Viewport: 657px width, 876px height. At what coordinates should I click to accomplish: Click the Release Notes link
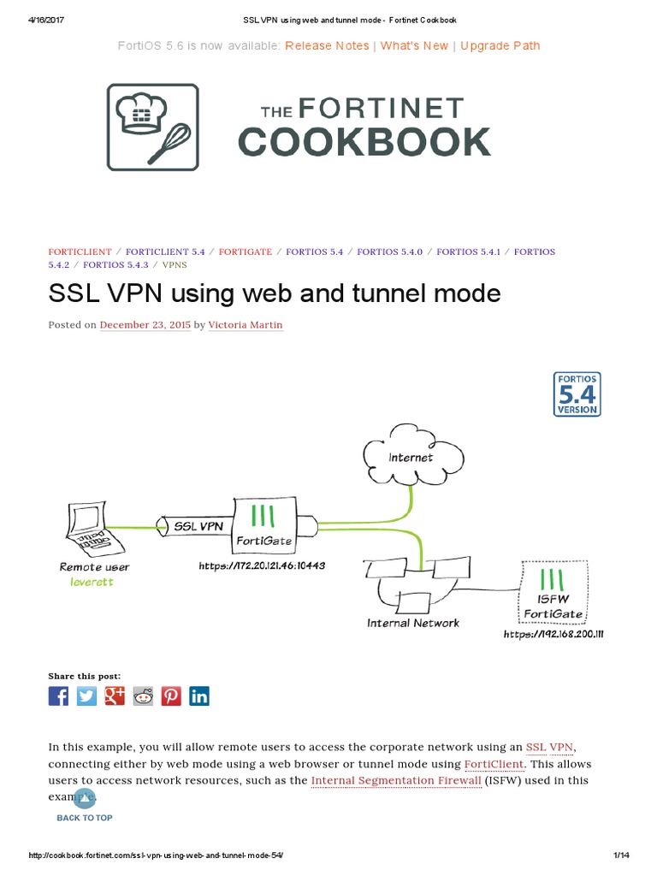[327, 45]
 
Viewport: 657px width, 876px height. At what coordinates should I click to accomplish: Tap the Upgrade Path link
[500, 45]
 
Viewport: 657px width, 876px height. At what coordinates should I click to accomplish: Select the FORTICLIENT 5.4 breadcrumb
[165, 252]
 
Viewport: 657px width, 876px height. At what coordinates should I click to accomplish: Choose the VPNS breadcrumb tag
[175, 265]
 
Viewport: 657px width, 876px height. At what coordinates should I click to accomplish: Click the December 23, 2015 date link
[145, 325]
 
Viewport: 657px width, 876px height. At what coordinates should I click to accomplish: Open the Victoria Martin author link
[246, 325]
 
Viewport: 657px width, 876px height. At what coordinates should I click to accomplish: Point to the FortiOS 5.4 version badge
[577, 394]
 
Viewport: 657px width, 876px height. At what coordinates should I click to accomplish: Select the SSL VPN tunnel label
[198, 526]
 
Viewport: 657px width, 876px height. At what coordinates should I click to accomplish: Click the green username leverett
[92, 582]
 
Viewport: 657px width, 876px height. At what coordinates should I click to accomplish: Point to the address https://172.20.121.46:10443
[262, 565]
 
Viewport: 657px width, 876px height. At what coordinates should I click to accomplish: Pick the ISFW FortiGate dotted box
[553, 590]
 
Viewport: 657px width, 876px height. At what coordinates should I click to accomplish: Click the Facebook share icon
[58, 695]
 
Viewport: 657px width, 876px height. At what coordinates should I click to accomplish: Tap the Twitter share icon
[86, 695]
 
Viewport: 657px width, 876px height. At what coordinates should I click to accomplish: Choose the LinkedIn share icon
[199, 695]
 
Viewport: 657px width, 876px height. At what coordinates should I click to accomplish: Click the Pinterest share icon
[171, 695]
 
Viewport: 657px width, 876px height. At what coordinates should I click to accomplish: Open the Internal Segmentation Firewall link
[396, 780]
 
